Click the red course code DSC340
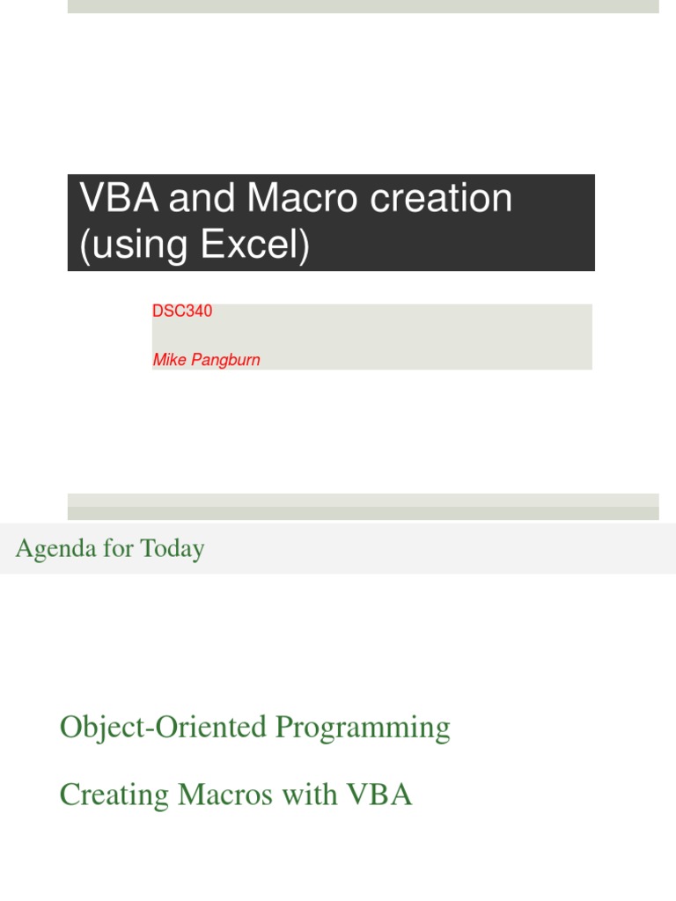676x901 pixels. point(182,311)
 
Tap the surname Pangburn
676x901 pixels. point(226,360)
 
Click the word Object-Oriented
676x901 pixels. point(163,728)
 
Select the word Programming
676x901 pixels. point(363,728)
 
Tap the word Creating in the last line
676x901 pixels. point(114,795)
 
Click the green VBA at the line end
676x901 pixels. point(379,795)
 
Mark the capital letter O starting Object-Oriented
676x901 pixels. point(70,728)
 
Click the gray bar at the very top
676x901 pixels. point(363,6)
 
